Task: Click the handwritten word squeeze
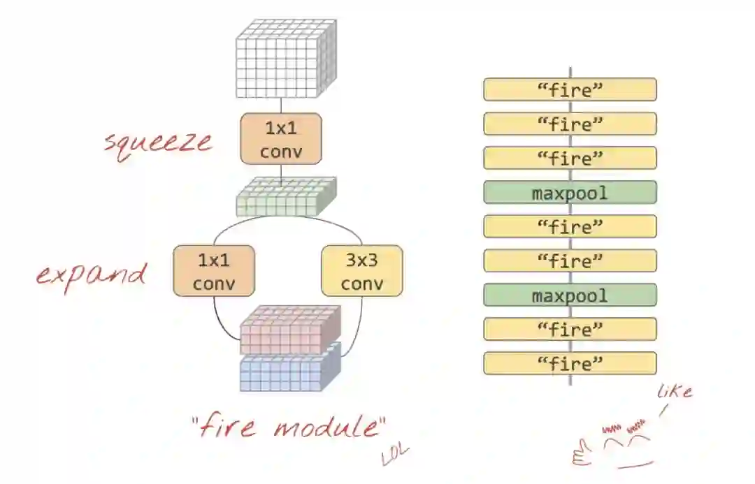coord(158,142)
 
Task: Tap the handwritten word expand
coord(91,274)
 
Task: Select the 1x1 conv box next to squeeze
coord(281,139)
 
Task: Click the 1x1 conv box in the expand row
coord(214,271)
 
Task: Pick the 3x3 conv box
coord(362,271)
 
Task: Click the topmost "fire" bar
coord(570,89)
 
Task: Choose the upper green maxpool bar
coord(570,192)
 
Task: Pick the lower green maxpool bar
coord(570,295)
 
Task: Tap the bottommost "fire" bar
coord(570,363)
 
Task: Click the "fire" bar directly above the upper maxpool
coord(570,158)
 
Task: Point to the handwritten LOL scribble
coord(395,455)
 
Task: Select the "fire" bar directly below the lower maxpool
coord(570,329)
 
